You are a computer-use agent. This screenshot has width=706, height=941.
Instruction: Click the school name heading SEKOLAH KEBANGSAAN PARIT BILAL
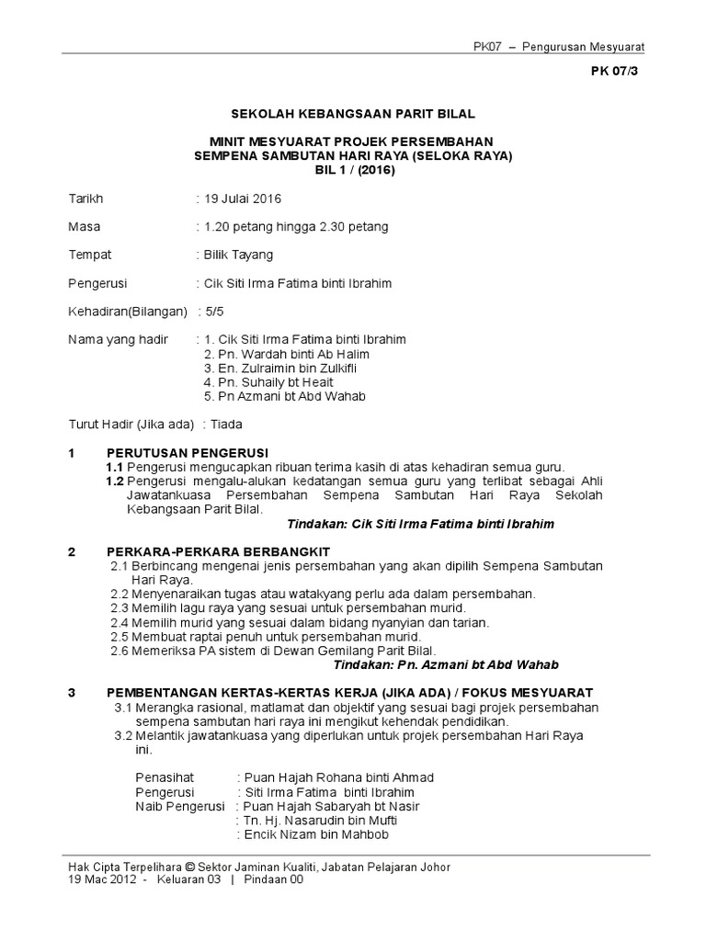pos(352,113)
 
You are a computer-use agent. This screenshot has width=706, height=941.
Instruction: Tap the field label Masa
pos(85,227)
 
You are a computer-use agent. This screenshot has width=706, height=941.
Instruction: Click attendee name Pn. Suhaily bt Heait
pos(268,381)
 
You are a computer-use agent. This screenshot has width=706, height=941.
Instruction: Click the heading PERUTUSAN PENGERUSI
pos(187,452)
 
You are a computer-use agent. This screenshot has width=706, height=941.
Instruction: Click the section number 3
pos(72,692)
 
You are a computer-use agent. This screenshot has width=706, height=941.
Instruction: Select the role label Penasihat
pos(165,777)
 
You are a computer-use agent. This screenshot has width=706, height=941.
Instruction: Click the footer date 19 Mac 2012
pos(102,879)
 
